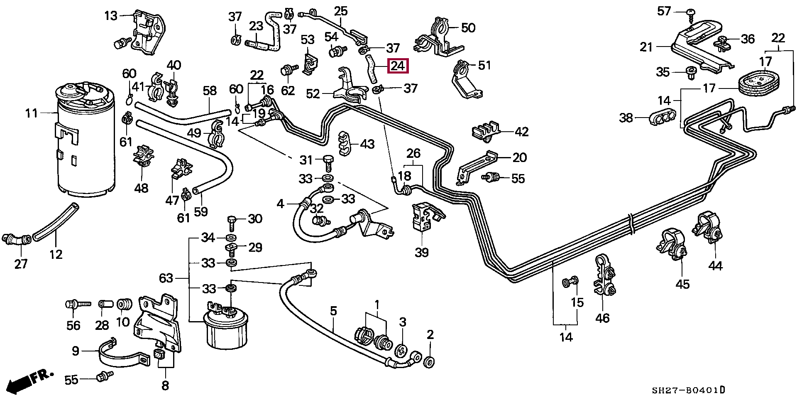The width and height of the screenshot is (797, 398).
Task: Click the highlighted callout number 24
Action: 398,66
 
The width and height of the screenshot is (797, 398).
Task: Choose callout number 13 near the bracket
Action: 111,16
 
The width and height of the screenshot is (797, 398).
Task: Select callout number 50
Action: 468,28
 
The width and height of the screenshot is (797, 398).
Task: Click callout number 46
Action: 602,318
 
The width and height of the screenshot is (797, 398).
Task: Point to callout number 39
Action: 422,253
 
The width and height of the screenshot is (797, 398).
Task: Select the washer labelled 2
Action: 430,361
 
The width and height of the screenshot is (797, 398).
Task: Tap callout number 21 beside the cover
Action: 646,47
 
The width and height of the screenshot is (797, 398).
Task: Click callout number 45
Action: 682,284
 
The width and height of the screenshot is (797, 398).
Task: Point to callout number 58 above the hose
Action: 210,91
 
